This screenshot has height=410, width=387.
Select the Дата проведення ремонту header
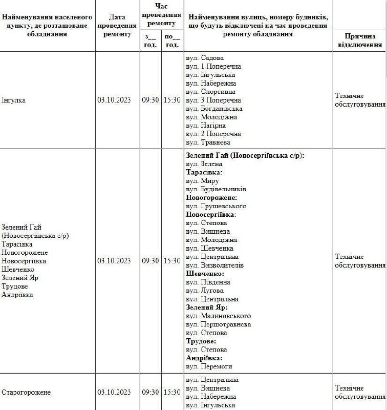point(117,26)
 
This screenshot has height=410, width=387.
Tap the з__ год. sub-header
point(150,40)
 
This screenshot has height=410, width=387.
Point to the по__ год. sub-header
point(171,40)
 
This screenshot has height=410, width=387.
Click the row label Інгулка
point(14,100)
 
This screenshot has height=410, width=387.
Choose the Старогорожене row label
point(26,392)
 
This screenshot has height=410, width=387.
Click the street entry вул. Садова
point(205,58)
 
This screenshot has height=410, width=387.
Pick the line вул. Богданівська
point(214,109)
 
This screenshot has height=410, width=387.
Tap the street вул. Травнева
point(208,142)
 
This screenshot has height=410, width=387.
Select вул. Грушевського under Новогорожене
point(216,206)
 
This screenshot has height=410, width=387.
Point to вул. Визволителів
point(215,265)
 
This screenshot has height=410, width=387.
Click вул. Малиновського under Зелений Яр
point(218,316)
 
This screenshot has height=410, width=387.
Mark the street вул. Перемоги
point(209,366)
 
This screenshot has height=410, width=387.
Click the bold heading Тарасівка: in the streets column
point(204,173)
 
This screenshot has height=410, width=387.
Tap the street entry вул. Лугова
point(205,291)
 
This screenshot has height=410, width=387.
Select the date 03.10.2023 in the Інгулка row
point(114,100)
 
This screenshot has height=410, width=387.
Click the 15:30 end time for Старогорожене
point(171,392)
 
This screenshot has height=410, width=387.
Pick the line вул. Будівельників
point(216,189)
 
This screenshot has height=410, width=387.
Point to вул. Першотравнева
point(219,324)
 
